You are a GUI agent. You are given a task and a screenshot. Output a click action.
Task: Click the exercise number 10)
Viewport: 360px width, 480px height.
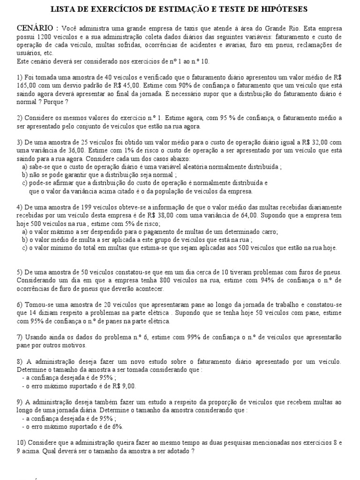[x=22, y=442]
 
